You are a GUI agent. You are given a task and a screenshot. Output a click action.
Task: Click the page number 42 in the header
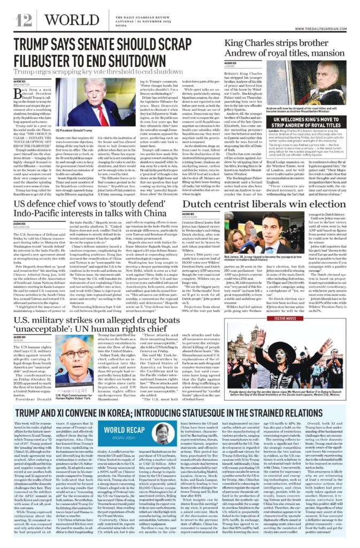(24, 20)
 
